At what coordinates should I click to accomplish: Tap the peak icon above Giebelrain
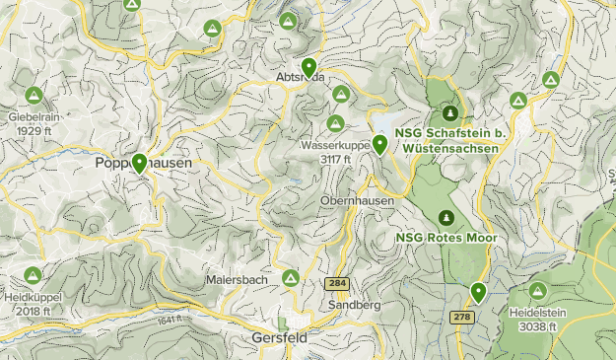[x=33, y=96]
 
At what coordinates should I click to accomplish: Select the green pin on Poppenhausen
[x=140, y=163]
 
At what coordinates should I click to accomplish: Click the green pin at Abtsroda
[x=309, y=67]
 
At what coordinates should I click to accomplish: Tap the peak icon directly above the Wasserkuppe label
[x=335, y=124]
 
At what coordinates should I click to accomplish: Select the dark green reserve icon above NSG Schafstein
[x=450, y=113]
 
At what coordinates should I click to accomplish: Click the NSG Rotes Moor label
[x=445, y=238]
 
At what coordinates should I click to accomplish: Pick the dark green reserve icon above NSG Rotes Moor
[x=445, y=217]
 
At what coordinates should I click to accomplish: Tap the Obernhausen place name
[x=357, y=200]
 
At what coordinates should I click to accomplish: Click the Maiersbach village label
[x=237, y=279]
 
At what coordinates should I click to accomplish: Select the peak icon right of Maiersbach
[x=291, y=279]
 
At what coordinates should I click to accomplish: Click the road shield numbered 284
[x=337, y=284]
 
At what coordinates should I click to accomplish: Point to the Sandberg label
[x=358, y=306]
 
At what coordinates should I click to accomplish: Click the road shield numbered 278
[x=461, y=317]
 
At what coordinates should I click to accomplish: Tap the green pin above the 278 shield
[x=478, y=291]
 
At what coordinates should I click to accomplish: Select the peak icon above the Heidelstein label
[x=537, y=291]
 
